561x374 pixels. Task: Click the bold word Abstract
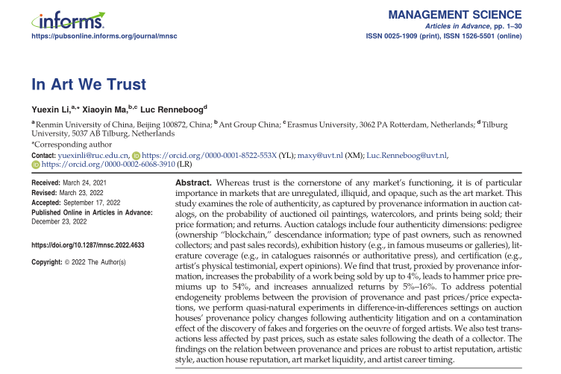tap(196, 183)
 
